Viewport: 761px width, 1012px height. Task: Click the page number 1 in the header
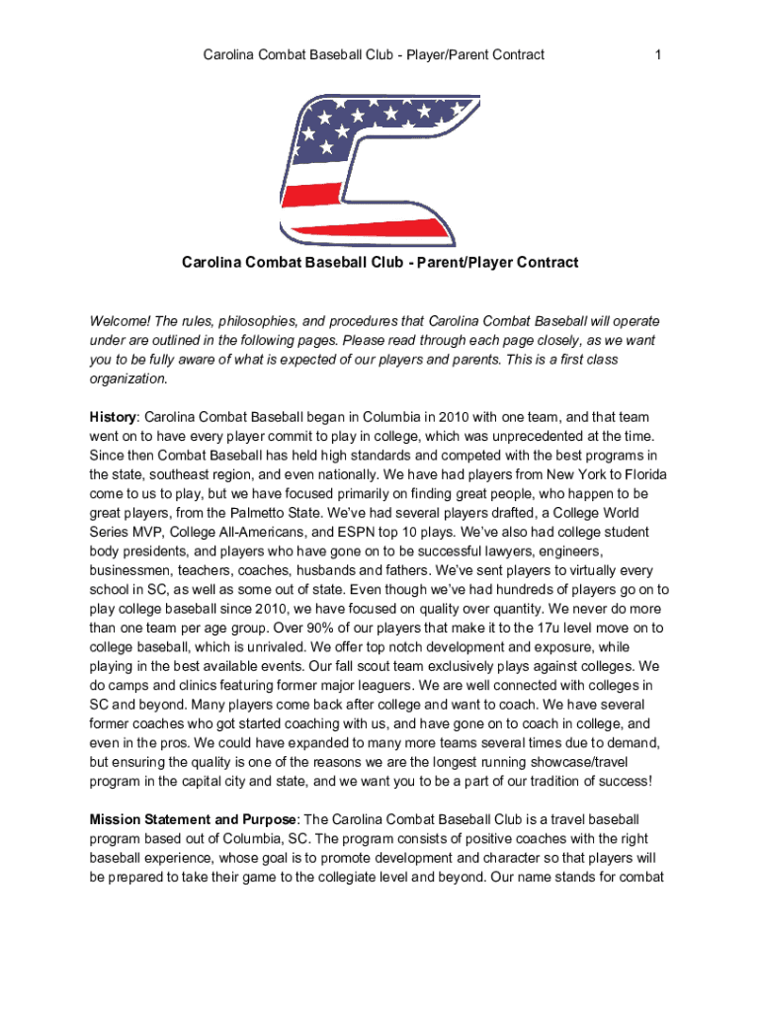[x=657, y=54]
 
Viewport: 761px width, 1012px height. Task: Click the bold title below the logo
[x=380, y=263]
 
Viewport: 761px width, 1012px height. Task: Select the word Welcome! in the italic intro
[x=121, y=322]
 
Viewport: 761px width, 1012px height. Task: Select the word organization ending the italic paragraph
[x=128, y=379]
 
